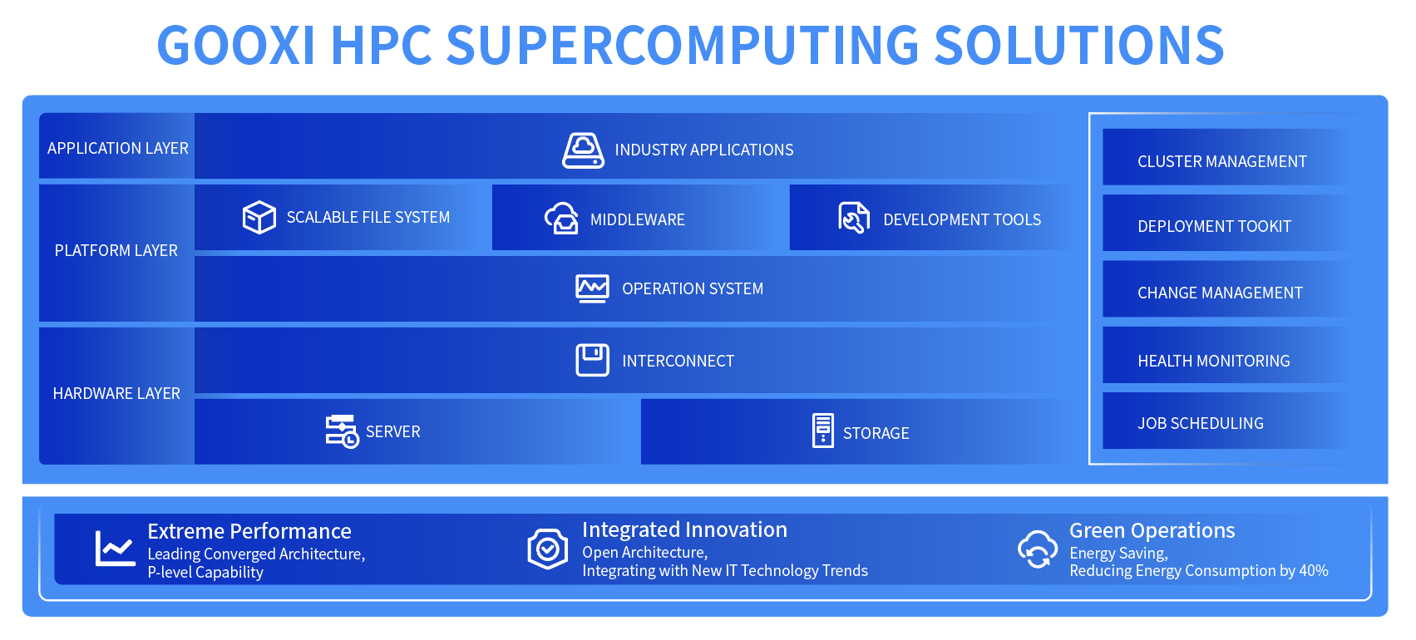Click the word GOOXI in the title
point(236,45)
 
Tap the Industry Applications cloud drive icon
point(583,150)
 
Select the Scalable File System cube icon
point(259,217)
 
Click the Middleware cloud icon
point(561,219)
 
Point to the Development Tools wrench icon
point(853,218)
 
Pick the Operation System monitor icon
point(592,288)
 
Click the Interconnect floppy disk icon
point(592,360)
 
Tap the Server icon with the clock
point(342,431)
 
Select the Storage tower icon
point(822,431)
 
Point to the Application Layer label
point(117,148)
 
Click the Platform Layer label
point(116,250)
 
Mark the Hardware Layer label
point(116,393)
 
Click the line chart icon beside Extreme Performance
point(115,548)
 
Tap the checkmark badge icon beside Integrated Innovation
point(547,549)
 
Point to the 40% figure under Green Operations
point(1314,570)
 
